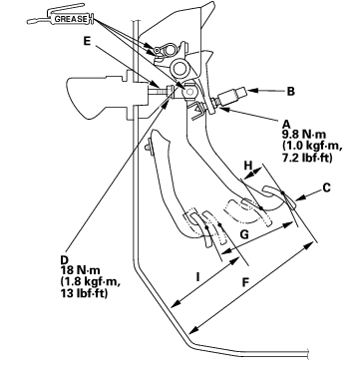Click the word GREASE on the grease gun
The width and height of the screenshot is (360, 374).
click(71, 19)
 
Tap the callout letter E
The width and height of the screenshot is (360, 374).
click(87, 41)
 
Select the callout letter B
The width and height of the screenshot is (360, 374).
click(291, 92)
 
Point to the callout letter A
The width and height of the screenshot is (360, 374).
click(286, 125)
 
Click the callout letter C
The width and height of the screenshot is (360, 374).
click(327, 187)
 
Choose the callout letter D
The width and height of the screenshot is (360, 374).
click(64, 259)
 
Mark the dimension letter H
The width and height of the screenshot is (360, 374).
click(248, 165)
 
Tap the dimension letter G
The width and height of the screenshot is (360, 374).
click(244, 234)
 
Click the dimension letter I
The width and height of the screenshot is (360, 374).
click(197, 276)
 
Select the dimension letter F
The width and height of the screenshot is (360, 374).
click(245, 282)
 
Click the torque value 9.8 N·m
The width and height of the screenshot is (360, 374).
click(304, 135)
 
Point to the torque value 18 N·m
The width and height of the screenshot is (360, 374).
click(80, 269)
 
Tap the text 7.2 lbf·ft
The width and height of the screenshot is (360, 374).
click(307, 158)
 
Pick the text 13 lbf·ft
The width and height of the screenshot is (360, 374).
click(85, 293)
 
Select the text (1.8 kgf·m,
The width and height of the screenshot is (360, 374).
click(91, 281)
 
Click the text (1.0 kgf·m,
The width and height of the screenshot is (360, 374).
click(312, 147)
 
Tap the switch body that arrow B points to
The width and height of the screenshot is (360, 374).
click(231, 96)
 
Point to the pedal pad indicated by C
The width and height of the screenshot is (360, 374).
click(278, 196)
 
